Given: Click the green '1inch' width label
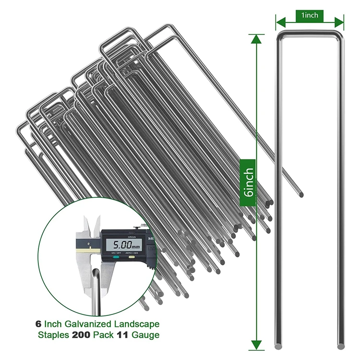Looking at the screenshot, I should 310,15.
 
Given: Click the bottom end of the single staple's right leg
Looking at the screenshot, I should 340,345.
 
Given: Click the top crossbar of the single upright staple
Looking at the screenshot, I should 310,33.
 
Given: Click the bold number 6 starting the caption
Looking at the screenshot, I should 38,324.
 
